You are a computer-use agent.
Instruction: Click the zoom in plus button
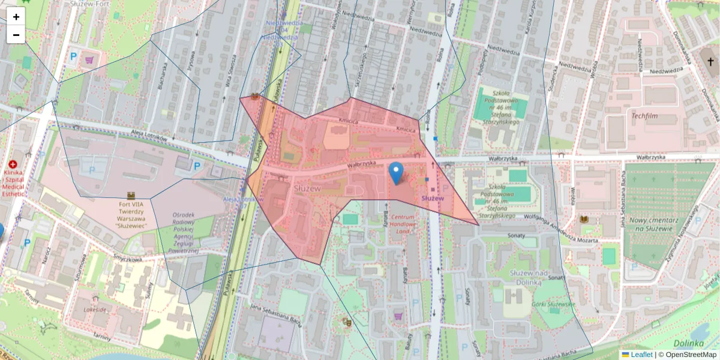[x=16, y=17]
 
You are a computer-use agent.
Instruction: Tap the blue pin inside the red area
[x=396, y=173]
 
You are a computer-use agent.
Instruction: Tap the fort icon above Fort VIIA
[x=131, y=195]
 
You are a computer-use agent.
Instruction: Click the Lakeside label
[x=95, y=310]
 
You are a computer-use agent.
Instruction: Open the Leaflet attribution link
[x=641, y=355]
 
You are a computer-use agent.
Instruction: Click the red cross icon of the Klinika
[x=13, y=164]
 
